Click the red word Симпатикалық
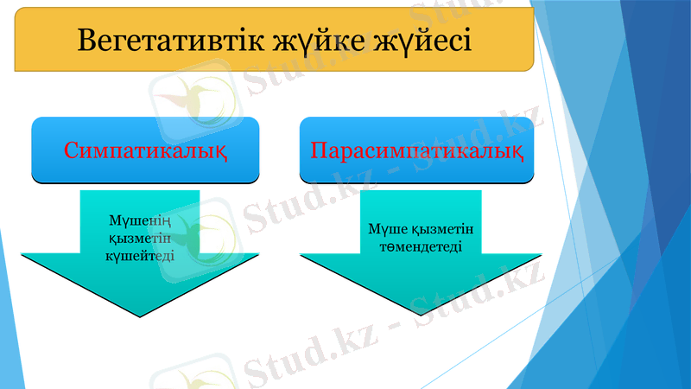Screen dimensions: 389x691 coord(146,150)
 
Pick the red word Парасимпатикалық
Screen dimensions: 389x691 coord(417,150)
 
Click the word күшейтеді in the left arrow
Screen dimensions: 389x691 coord(140,255)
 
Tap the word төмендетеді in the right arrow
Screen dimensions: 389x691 coord(421,246)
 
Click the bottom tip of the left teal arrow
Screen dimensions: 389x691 coord(140,316)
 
